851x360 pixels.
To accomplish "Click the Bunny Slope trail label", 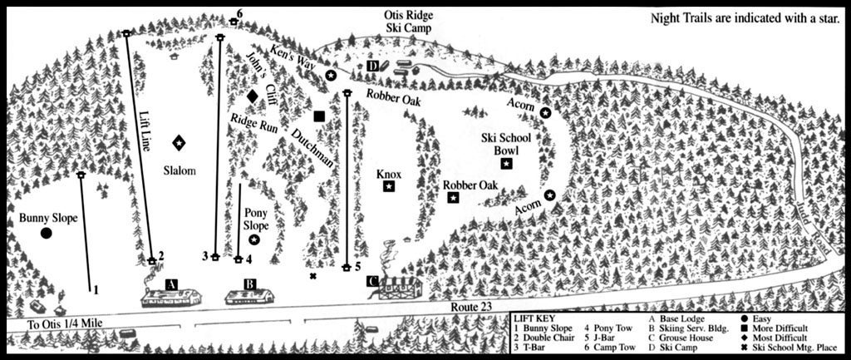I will [x=47, y=218].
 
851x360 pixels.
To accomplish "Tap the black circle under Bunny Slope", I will [x=47, y=234].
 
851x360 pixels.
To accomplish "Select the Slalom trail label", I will [x=179, y=171].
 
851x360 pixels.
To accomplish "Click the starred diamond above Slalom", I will [x=179, y=143].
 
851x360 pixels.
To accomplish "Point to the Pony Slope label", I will [x=256, y=219].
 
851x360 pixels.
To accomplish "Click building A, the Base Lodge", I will [x=173, y=294].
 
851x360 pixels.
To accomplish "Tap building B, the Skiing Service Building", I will [x=250, y=294].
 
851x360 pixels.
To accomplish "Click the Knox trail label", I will [x=388, y=175].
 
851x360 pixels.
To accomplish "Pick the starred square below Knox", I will [x=389, y=188].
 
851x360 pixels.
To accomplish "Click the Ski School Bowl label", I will [x=504, y=145].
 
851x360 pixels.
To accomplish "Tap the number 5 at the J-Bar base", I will [x=357, y=267].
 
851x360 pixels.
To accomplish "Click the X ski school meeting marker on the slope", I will [x=313, y=276].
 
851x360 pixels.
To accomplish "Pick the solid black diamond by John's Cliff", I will [x=253, y=96].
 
